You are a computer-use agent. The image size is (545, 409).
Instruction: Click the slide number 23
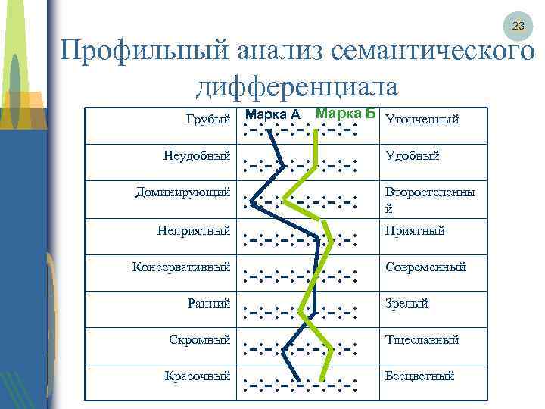[518, 26]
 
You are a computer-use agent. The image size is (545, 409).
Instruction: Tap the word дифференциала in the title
[297, 86]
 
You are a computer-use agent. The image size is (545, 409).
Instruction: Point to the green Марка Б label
[346, 113]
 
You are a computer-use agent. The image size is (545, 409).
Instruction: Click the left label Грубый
[207, 119]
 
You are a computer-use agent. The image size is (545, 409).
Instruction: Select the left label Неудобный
[196, 155]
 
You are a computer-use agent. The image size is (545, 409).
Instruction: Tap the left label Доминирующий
[182, 192]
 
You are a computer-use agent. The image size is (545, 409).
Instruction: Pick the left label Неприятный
[194, 230]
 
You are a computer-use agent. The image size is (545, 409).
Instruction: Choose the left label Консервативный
[181, 267]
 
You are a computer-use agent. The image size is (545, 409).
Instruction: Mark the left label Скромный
[199, 339]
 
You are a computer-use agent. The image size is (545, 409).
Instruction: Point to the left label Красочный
[198, 376]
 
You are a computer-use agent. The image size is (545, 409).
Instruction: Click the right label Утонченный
[422, 119]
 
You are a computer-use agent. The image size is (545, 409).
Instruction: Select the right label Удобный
[412, 155]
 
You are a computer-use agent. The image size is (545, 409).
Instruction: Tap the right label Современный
[425, 267]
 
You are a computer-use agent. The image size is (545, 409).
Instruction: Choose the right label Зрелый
[406, 303]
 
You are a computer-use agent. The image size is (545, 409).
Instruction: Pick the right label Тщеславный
[422, 339]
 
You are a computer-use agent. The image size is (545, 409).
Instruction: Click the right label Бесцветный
[419, 376]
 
